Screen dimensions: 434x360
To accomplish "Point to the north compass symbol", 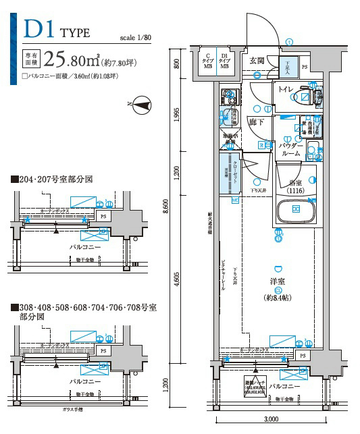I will [143, 104].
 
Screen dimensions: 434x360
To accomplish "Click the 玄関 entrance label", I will [257, 61].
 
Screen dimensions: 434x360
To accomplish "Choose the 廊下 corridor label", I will [256, 122].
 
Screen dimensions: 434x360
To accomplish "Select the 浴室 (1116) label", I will [294, 186].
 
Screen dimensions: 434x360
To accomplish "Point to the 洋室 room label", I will [278, 283].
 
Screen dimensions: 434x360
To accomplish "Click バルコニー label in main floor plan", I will [284, 387].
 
